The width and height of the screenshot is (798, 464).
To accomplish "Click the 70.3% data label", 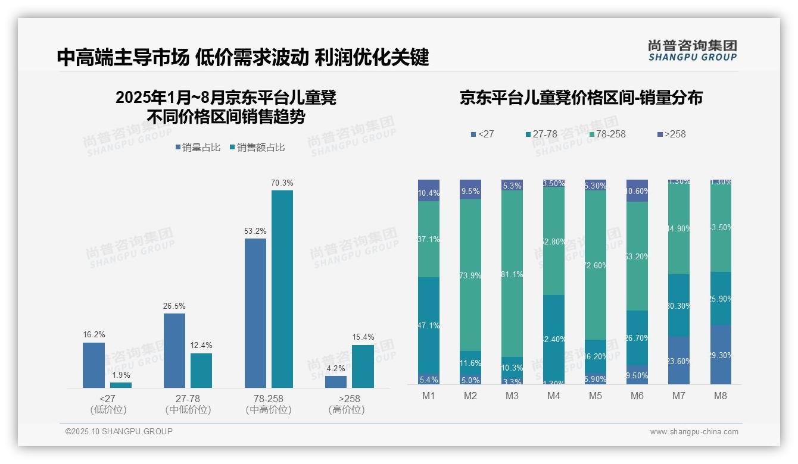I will click(282, 183).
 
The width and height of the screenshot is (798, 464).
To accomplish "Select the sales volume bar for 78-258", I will click(255, 313).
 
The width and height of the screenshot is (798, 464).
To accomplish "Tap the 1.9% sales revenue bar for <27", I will click(121, 385).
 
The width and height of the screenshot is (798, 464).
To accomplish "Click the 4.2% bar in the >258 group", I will click(336, 382).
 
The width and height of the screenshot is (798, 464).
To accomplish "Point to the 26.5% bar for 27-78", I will click(174, 350).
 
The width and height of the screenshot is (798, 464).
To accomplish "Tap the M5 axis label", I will click(596, 396).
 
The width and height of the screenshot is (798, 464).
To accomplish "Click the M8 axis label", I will click(721, 396).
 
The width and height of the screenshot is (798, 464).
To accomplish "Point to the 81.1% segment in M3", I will click(512, 274).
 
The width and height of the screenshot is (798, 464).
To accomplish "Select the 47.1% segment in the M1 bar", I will click(429, 325).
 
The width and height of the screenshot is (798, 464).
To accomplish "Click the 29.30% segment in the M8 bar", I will click(721, 355).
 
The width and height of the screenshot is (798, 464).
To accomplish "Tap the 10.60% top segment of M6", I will click(637, 190).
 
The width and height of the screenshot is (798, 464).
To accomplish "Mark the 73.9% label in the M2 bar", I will click(470, 276).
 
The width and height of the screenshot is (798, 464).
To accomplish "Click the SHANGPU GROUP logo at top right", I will click(692, 51).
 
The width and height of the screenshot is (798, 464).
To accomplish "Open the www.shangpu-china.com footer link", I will click(694, 432).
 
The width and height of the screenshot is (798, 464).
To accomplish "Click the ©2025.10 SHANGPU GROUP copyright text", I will click(119, 431).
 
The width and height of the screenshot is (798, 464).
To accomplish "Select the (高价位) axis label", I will click(346, 410).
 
